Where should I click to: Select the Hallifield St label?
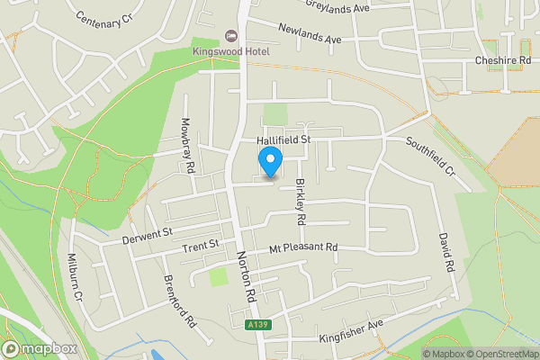(x=283, y=139)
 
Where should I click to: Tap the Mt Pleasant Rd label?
(x=302, y=247)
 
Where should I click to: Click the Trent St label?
(x=201, y=245)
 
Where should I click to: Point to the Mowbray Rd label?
(x=188, y=145)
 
